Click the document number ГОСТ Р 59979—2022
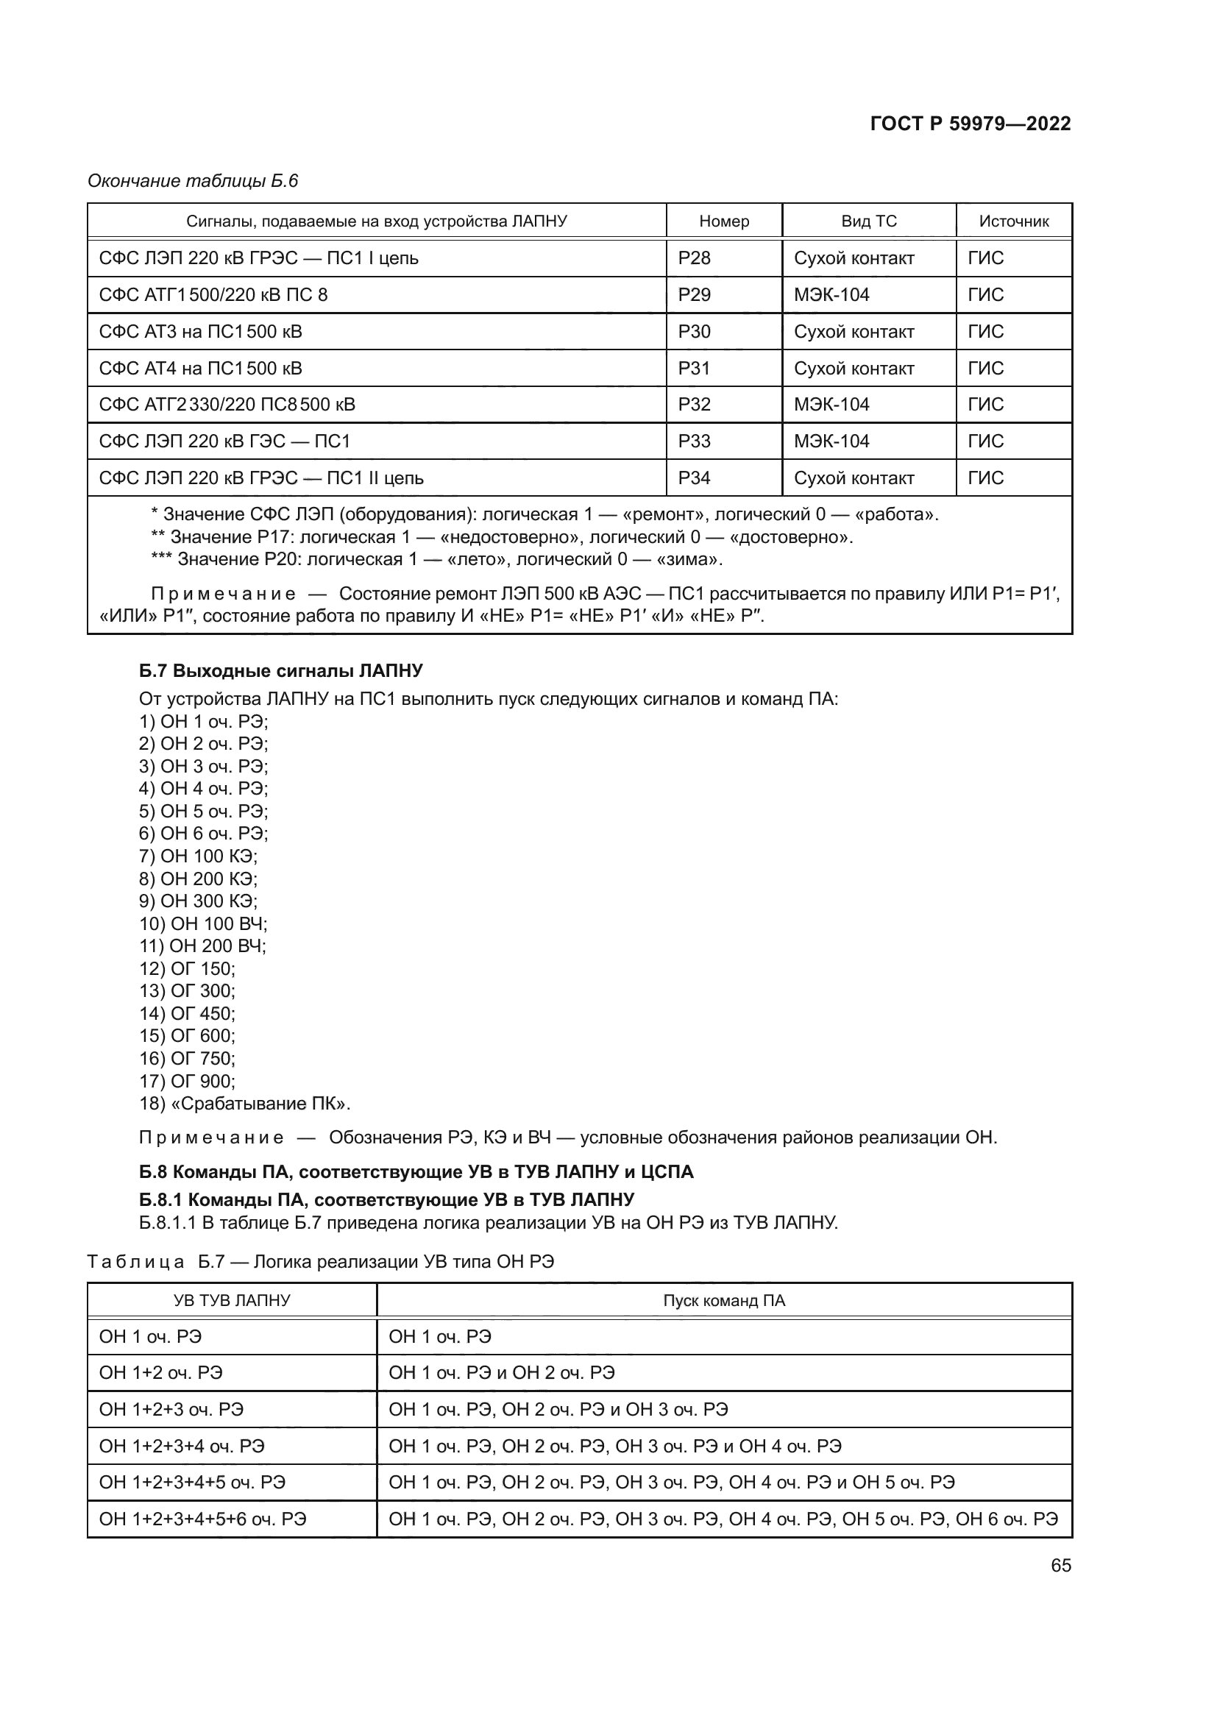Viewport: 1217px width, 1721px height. tap(970, 124)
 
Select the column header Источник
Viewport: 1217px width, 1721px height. tap(1013, 221)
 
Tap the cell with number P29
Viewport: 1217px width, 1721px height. tap(694, 294)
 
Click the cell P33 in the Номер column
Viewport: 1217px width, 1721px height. tap(694, 441)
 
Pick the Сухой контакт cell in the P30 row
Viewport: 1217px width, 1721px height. tap(854, 331)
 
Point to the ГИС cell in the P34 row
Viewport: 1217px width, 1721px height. tap(985, 478)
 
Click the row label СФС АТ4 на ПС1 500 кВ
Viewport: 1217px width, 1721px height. tap(201, 368)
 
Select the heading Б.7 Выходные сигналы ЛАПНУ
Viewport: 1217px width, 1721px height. tap(281, 670)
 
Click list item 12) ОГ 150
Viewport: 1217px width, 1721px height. tap(188, 968)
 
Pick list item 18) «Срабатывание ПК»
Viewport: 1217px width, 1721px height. tap(244, 1104)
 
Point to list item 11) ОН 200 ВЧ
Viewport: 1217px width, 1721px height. tap(202, 946)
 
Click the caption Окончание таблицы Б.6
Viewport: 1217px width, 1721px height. tap(193, 181)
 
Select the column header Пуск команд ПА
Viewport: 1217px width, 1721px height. tap(723, 1300)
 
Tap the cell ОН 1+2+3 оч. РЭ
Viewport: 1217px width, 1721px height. tap(171, 1409)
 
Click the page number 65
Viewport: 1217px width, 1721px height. tap(1060, 1565)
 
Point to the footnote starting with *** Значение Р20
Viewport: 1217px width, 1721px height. tap(436, 559)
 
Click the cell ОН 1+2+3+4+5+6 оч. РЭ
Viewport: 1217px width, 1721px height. tap(202, 1519)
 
